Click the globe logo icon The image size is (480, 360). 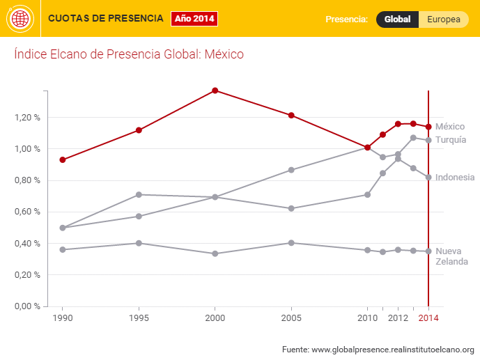pos(20,19)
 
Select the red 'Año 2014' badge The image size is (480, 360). pos(194,18)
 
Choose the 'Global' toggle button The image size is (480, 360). pos(397,19)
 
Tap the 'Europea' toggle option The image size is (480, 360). pos(443,19)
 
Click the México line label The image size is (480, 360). pos(450,127)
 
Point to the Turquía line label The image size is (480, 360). pos(451,140)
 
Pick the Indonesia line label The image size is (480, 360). pos(455,178)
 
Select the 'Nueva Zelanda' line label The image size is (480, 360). pos(451,256)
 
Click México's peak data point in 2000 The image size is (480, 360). pos(215,91)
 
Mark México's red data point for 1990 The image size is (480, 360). pos(63,159)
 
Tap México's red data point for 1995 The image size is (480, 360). pos(139,130)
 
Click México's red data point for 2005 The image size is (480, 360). pos(291,115)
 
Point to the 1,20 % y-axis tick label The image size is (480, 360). pos(27,118)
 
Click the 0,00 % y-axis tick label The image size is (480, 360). pos(27,306)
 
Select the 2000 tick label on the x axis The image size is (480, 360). pos(215,319)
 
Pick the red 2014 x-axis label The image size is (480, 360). pos(428,319)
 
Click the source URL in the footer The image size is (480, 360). pos(392,349)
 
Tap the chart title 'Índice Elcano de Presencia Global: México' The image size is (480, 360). pos(129,54)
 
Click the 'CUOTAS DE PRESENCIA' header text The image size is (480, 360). pos(106,18)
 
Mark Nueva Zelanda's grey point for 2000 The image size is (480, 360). pos(215,253)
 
